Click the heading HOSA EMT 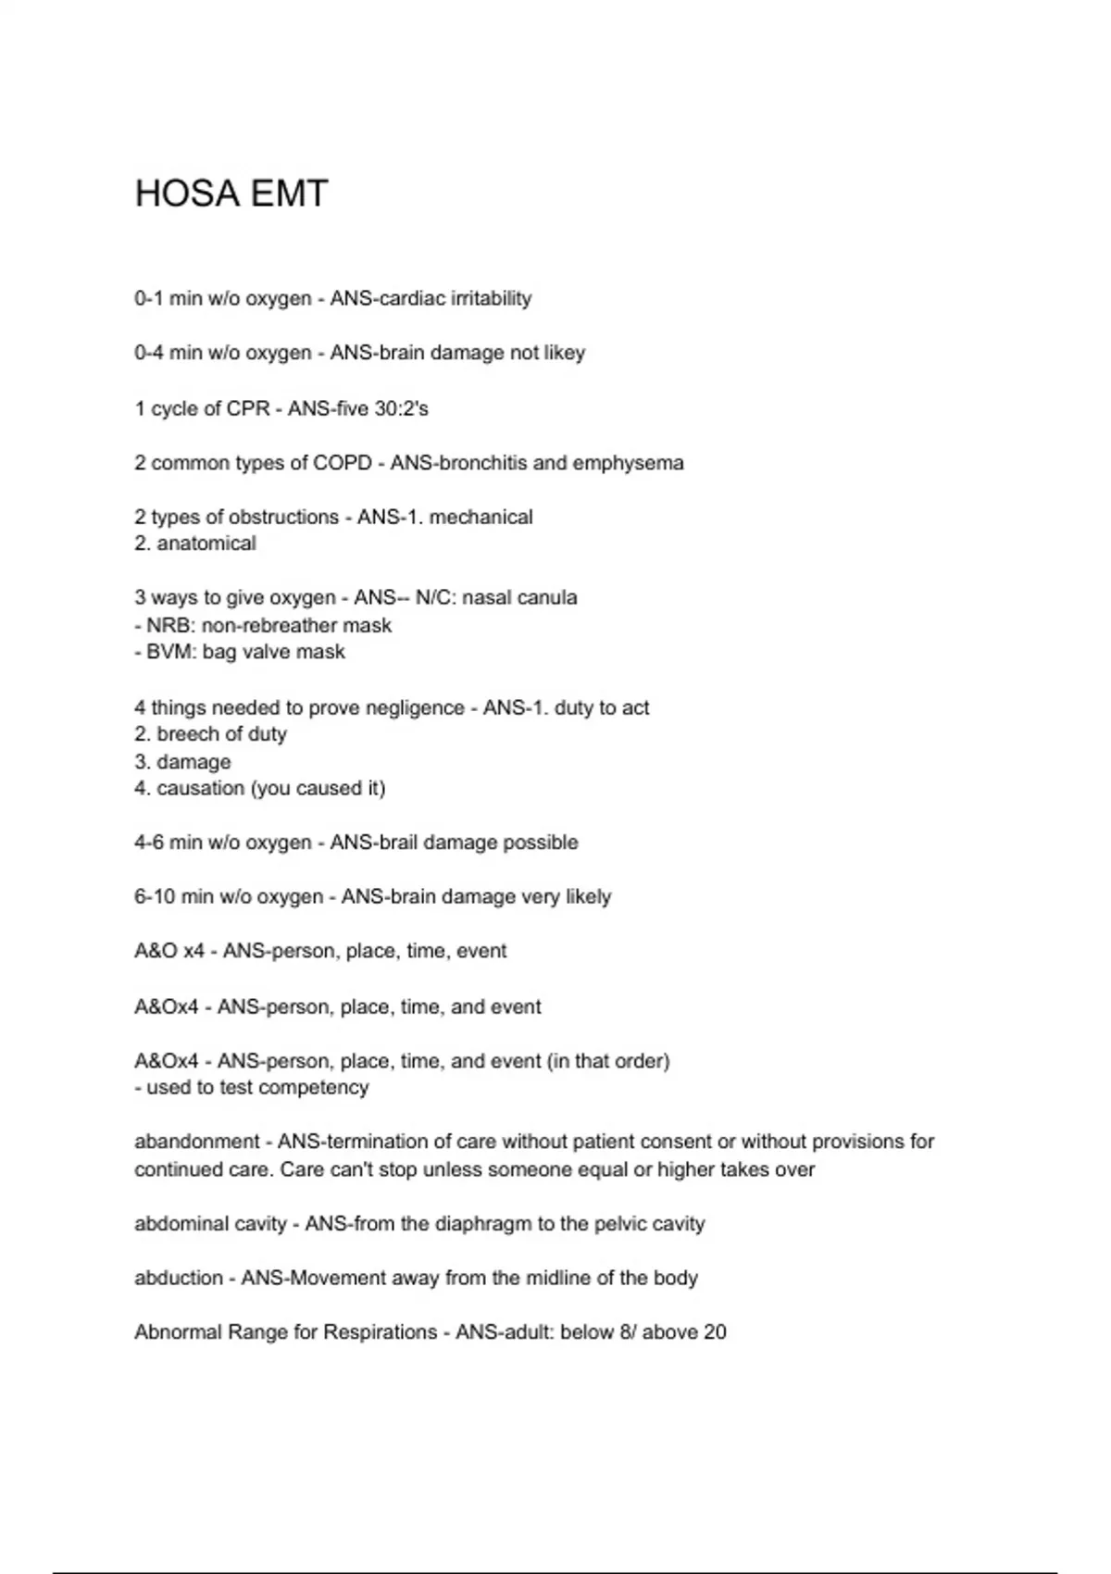(231, 194)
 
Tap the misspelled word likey (565, 353)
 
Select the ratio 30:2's (401, 408)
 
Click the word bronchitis (481, 463)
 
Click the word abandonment (196, 1142)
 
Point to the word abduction (178, 1278)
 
